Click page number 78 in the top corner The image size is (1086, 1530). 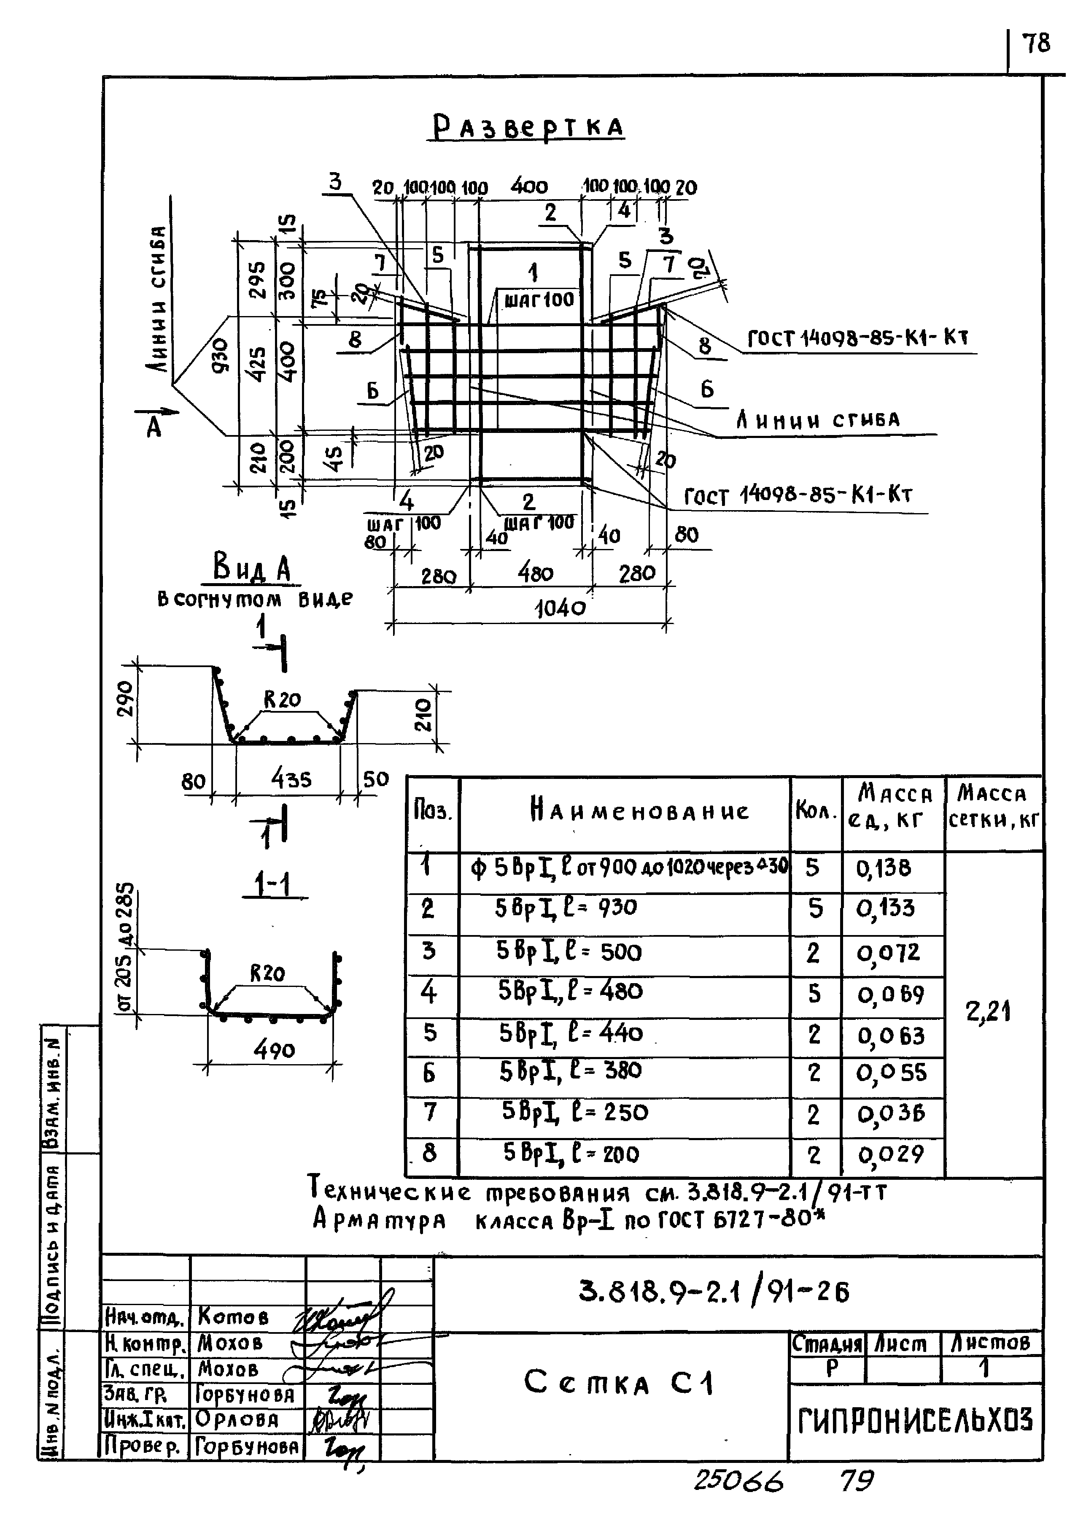pos(1037,44)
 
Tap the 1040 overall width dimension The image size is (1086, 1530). pos(561,608)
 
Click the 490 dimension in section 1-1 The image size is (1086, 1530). pos(274,1050)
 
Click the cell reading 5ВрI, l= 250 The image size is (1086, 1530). pos(575,1112)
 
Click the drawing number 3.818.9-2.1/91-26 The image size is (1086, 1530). pos(714,1292)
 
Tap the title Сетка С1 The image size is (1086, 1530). pos(619,1382)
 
